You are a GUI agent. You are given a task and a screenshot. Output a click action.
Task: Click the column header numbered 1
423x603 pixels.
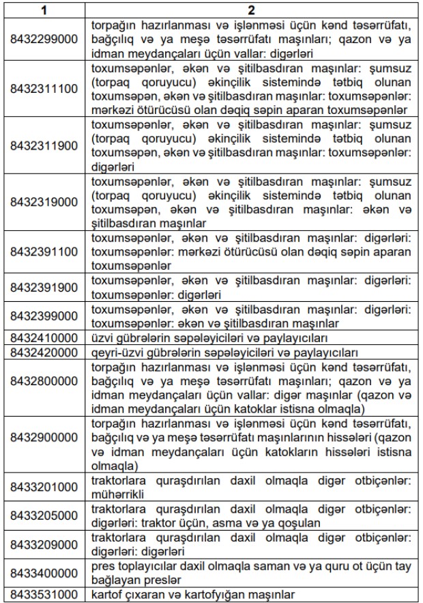pyautogui.click(x=45, y=11)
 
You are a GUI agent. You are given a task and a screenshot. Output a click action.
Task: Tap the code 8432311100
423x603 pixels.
pyautogui.click(x=45, y=89)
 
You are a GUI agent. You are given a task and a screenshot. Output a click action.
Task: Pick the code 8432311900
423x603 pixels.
pyautogui.click(x=45, y=145)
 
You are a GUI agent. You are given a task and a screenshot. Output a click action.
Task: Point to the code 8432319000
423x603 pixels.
pyautogui.click(x=45, y=203)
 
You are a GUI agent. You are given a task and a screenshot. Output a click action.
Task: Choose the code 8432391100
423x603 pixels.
pyautogui.click(x=45, y=252)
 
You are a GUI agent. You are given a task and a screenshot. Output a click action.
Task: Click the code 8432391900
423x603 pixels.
pyautogui.click(x=45, y=288)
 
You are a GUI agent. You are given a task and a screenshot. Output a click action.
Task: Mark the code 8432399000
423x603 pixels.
pyautogui.click(x=45, y=316)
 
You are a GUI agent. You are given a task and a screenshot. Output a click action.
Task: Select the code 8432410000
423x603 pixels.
pyautogui.click(x=45, y=338)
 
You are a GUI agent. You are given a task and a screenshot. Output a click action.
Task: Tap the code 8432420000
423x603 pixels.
pyautogui.click(x=45, y=352)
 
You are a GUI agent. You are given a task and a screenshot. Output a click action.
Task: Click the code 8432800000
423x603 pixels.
pyautogui.click(x=45, y=388)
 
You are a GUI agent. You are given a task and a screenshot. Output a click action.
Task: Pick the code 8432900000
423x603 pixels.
pyautogui.click(x=45, y=445)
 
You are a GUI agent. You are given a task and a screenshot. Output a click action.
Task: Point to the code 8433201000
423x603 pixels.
pyautogui.click(x=45, y=488)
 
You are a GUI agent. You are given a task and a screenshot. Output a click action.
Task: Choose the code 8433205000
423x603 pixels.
pyautogui.click(x=45, y=516)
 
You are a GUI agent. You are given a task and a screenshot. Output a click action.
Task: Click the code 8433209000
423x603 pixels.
pyautogui.click(x=45, y=545)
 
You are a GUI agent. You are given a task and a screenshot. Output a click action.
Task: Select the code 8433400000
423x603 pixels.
pyautogui.click(x=45, y=574)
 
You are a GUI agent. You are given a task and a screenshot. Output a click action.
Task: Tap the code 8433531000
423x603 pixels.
pyautogui.click(x=45, y=595)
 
